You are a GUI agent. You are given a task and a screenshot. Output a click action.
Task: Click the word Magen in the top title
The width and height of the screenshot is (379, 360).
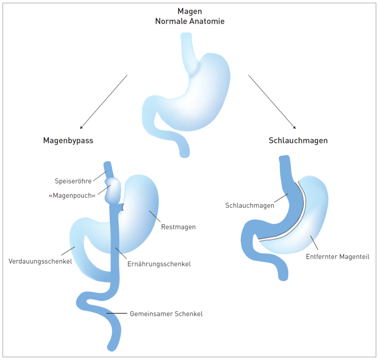pos(189,11)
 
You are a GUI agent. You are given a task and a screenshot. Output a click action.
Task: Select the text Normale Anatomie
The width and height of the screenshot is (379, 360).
pos(189,21)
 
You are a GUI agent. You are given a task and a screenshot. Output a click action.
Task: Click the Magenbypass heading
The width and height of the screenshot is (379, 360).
pos(68,141)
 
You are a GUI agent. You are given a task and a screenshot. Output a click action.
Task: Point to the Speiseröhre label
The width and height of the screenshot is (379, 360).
pos(72,180)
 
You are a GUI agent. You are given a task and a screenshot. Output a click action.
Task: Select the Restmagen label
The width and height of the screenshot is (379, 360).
pos(178,227)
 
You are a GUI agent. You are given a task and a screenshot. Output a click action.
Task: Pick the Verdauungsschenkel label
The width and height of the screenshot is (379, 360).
pos(40,261)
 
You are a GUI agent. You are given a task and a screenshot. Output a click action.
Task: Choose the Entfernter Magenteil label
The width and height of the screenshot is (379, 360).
pos(337,257)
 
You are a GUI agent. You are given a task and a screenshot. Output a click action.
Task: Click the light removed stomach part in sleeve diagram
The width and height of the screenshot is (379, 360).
pos(313,213)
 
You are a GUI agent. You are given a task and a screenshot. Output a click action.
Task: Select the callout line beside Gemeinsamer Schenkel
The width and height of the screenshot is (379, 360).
pos(117,314)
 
